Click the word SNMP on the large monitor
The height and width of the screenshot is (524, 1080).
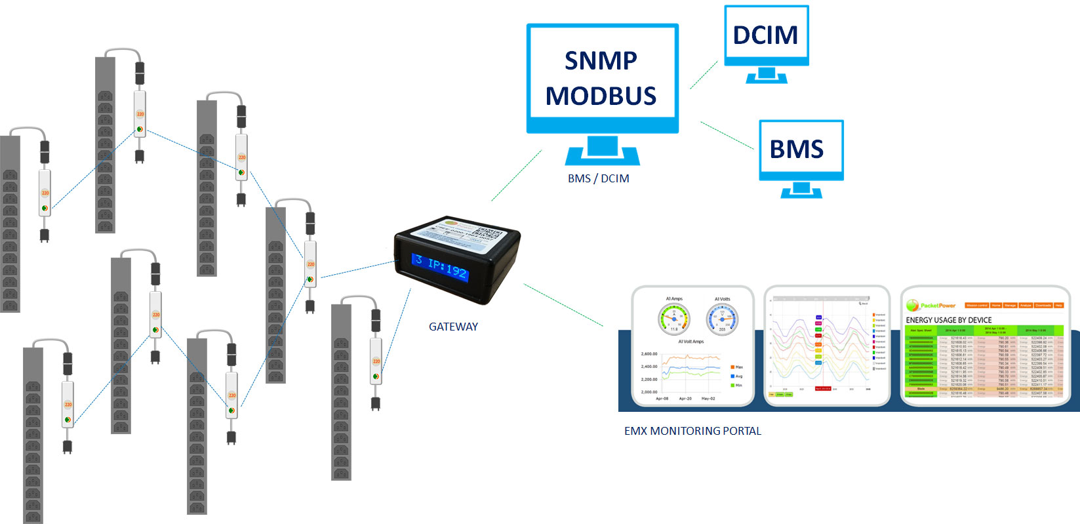601,61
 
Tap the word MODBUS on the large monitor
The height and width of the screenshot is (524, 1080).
601,96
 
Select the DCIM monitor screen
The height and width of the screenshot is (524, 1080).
766,35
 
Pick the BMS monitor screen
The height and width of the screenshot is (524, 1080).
801,150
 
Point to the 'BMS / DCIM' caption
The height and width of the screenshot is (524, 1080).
598,178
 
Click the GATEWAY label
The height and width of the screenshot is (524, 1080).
453,327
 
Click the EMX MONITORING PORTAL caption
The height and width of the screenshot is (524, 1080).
692,431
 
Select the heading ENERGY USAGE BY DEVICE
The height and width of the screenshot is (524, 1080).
948,320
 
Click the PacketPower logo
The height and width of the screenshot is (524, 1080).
931,306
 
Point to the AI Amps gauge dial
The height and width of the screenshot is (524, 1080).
674,319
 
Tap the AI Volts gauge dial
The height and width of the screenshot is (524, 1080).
722,319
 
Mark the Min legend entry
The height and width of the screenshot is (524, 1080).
736,386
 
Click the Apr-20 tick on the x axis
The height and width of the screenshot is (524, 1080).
685,399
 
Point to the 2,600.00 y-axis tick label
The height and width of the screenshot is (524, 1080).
649,354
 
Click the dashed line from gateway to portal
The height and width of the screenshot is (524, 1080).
563,305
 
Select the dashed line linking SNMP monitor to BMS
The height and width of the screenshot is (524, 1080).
727,135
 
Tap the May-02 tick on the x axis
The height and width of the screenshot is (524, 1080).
708,399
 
